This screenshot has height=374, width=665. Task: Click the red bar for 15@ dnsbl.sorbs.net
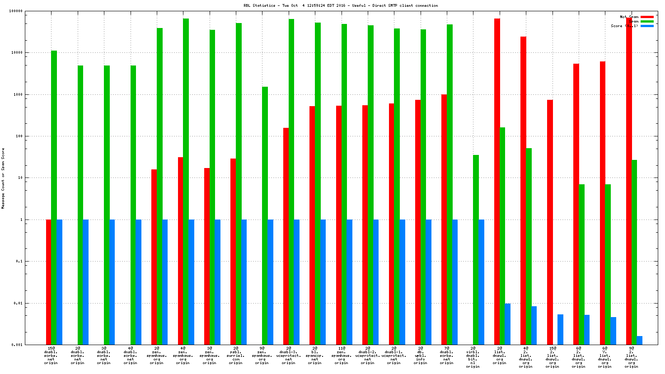[x=48, y=282]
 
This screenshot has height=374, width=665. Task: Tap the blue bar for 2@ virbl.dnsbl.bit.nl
[x=482, y=282]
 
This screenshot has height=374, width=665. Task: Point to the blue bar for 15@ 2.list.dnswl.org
[x=560, y=329]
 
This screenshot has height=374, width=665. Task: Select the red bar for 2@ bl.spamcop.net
[x=312, y=225]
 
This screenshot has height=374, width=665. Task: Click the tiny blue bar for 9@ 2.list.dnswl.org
[x=640, y=340]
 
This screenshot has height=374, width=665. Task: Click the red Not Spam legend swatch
[x=647, y=17]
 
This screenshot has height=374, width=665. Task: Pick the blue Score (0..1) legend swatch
[x=647, y=26]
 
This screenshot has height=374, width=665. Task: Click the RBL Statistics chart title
[x=341, y=5]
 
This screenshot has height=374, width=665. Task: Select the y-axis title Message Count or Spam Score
[x=3, y=178]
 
